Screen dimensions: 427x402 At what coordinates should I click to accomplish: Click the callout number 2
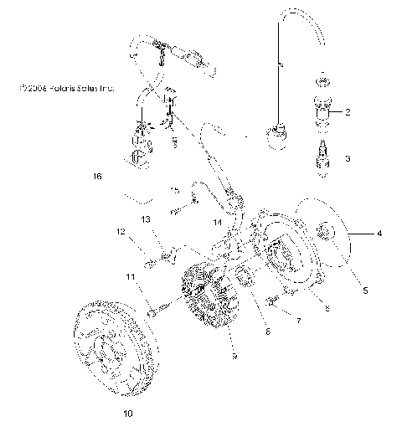(x=347, y=111)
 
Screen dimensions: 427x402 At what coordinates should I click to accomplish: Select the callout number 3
(x=347, y=157)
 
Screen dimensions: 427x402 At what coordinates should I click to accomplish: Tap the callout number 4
(x=379, y=234)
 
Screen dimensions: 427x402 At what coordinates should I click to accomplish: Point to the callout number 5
(x=363, y=291)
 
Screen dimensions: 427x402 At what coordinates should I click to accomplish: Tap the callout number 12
(x=120, y=231)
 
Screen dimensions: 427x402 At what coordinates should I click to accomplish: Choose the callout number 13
(x=145, y=219)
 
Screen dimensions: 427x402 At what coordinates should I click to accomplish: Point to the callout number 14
(x=216, y=223)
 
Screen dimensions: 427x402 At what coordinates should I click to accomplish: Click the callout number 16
(x=97, y=177)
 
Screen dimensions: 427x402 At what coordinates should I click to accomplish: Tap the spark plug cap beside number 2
(x=322, y=112)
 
